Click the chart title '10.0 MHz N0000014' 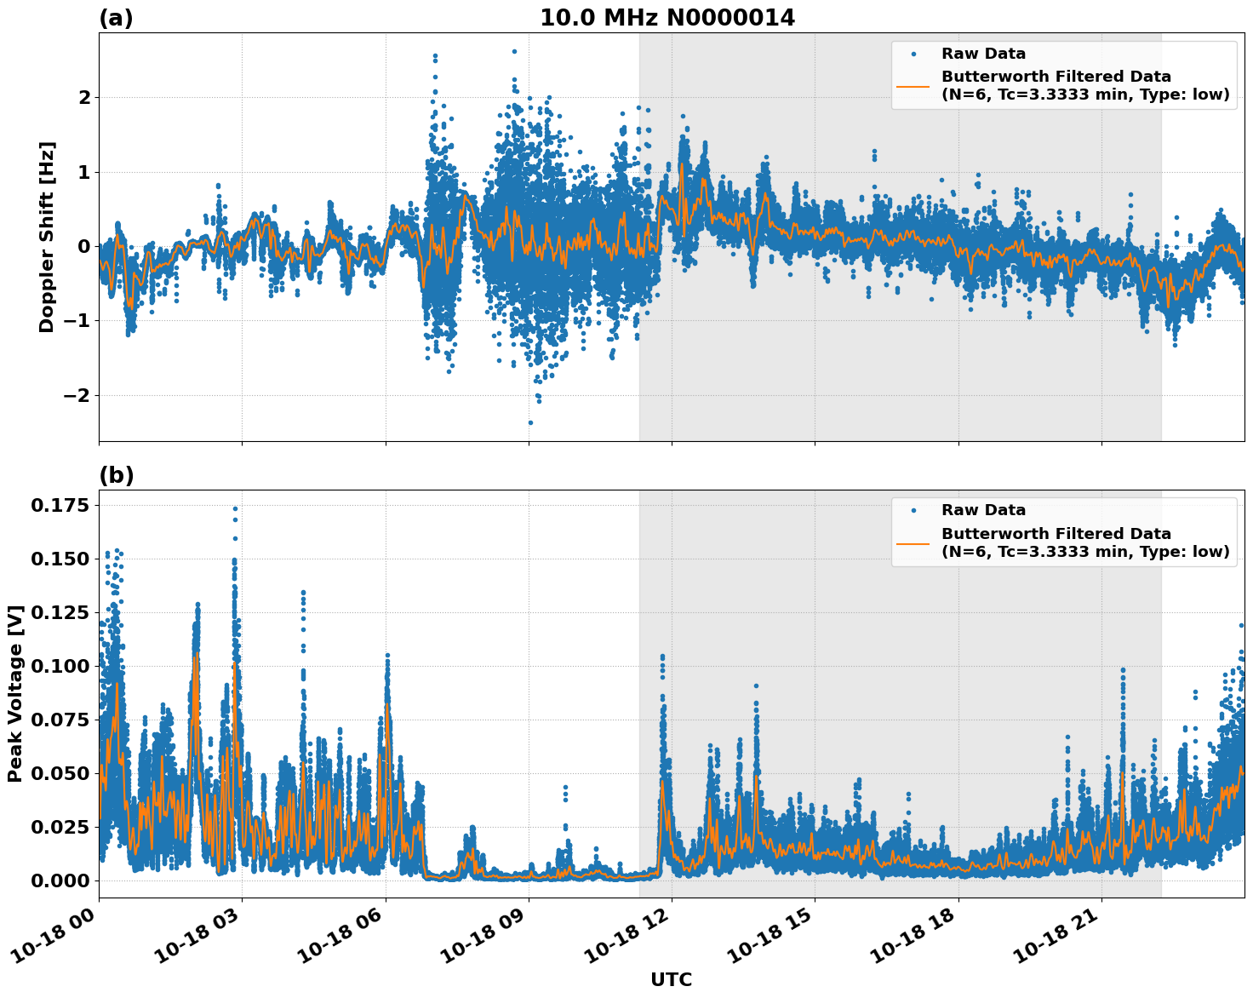pyautogui.click(x=667, y=18)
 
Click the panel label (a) pyautogui.click(x=116, y=18)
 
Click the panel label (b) pyautogui.click(x=116, y=475)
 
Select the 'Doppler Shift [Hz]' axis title pyautogui.click(x=47, y=237)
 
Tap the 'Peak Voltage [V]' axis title pyautogui.click(x=14, y=693)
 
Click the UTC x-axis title pyautogui.click(x=671, y=979)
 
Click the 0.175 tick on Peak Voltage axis pyautogui.click(x=60, y=506)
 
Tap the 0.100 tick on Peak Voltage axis pyautogui.click(x=60, y=666)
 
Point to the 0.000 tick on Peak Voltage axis pyautogui.click(x=60, y=880)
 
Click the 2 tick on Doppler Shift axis pyautogui.click(x=84, y=97)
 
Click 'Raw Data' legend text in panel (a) pyautogui.click(x=983, y=54)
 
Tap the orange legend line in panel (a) pyautogui.click(x=913, y=85)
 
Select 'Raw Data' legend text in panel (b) pyautogui.click(x=983, y=510)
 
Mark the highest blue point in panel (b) pyautogui.click(x=235, y=508)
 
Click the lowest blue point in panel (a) pyautogui.click(x=530, y=422)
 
